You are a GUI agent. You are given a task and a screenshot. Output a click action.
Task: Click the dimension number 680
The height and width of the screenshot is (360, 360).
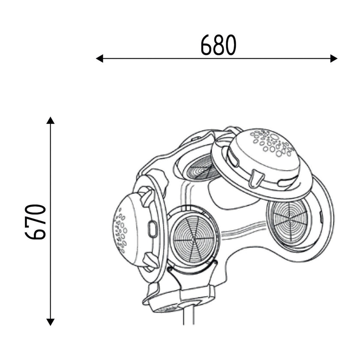click(219, 45)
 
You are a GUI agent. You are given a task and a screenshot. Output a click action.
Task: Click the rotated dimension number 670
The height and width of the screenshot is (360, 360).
click(36, 222)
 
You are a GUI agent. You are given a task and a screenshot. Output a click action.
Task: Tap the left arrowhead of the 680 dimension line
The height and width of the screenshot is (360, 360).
click(100, 58)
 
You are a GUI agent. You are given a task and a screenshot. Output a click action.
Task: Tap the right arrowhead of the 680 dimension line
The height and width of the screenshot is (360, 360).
click(334, 58)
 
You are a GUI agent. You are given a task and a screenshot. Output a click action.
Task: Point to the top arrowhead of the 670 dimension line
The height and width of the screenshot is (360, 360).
click(51, 120)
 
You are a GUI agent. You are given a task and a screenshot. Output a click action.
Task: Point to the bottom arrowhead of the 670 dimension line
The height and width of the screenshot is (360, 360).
click(51, 322)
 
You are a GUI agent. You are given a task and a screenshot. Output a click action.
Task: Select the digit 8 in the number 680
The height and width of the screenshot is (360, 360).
click(219, 45)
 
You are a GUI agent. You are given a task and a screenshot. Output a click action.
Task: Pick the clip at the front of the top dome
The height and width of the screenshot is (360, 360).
click(256, 177)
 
